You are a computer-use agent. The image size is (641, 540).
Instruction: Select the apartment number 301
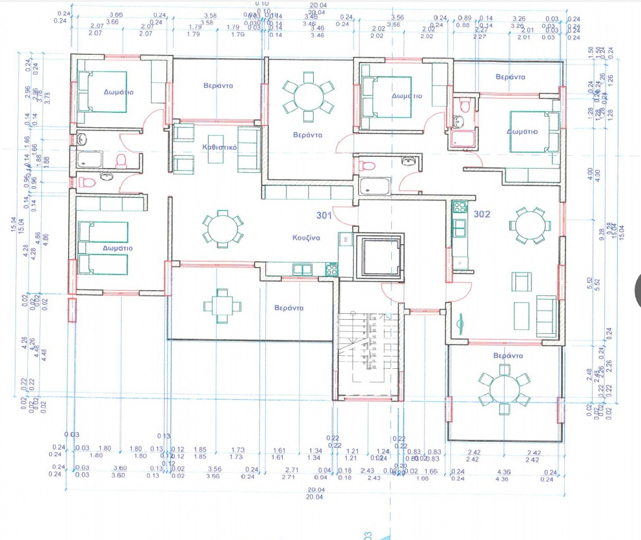pos(325,214)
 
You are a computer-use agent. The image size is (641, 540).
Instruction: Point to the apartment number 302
pos(483,214)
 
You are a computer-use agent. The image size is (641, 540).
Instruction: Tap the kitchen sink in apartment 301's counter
pos(301,269)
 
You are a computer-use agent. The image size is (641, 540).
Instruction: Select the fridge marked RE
pos(345,238)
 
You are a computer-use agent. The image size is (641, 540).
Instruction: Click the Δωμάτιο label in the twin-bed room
pos(118,247)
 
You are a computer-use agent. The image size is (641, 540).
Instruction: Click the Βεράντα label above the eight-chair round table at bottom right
pos(507,355)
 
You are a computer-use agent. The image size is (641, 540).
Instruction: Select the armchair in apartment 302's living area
pos(522,282)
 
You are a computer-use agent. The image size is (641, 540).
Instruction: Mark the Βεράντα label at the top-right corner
pos(509,76)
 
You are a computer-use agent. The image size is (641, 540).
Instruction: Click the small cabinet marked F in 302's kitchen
pos(460,263)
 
